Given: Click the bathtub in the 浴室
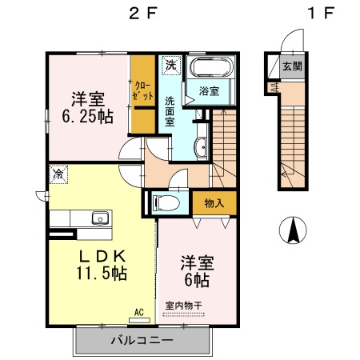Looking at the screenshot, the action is tap(211, 67).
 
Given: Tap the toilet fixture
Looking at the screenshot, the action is tap(166, 203).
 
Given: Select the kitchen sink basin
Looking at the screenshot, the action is tap(100, 218).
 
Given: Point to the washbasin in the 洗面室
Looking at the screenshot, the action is tap(202, 148).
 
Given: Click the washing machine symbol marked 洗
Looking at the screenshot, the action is tap(171, 65).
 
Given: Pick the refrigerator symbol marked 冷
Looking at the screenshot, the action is tap(58, 174).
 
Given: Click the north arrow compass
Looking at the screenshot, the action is tap(293, 230).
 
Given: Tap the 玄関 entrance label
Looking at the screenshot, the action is tap(293, 66).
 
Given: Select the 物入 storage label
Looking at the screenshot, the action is tap(214, 203).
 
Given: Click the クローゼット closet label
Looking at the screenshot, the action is tap(143, 91).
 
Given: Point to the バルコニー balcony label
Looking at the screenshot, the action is tap(142, 340).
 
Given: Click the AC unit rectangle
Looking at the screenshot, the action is tap(139, 320).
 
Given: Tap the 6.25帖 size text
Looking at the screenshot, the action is tap(88, 116).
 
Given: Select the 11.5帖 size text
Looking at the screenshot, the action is tap(102, 273).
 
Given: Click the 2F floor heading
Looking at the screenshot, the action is tap(142, 13).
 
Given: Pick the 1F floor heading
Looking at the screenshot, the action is tap(321, 13).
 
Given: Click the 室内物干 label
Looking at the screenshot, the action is tap(183, 306).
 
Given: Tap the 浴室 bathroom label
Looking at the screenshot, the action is tap(210, 91).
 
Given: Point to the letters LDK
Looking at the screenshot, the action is tap(102, 257).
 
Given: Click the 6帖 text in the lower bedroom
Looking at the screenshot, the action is tap(197, 280).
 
